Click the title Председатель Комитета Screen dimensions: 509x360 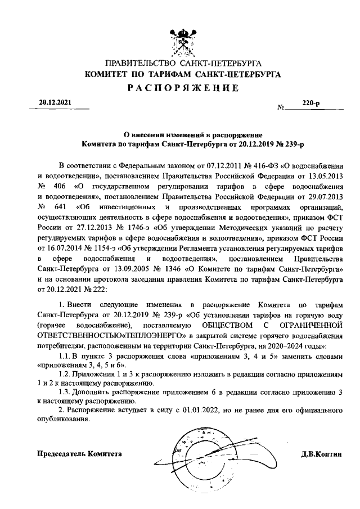pyautogui.click(x=79, y=454)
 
